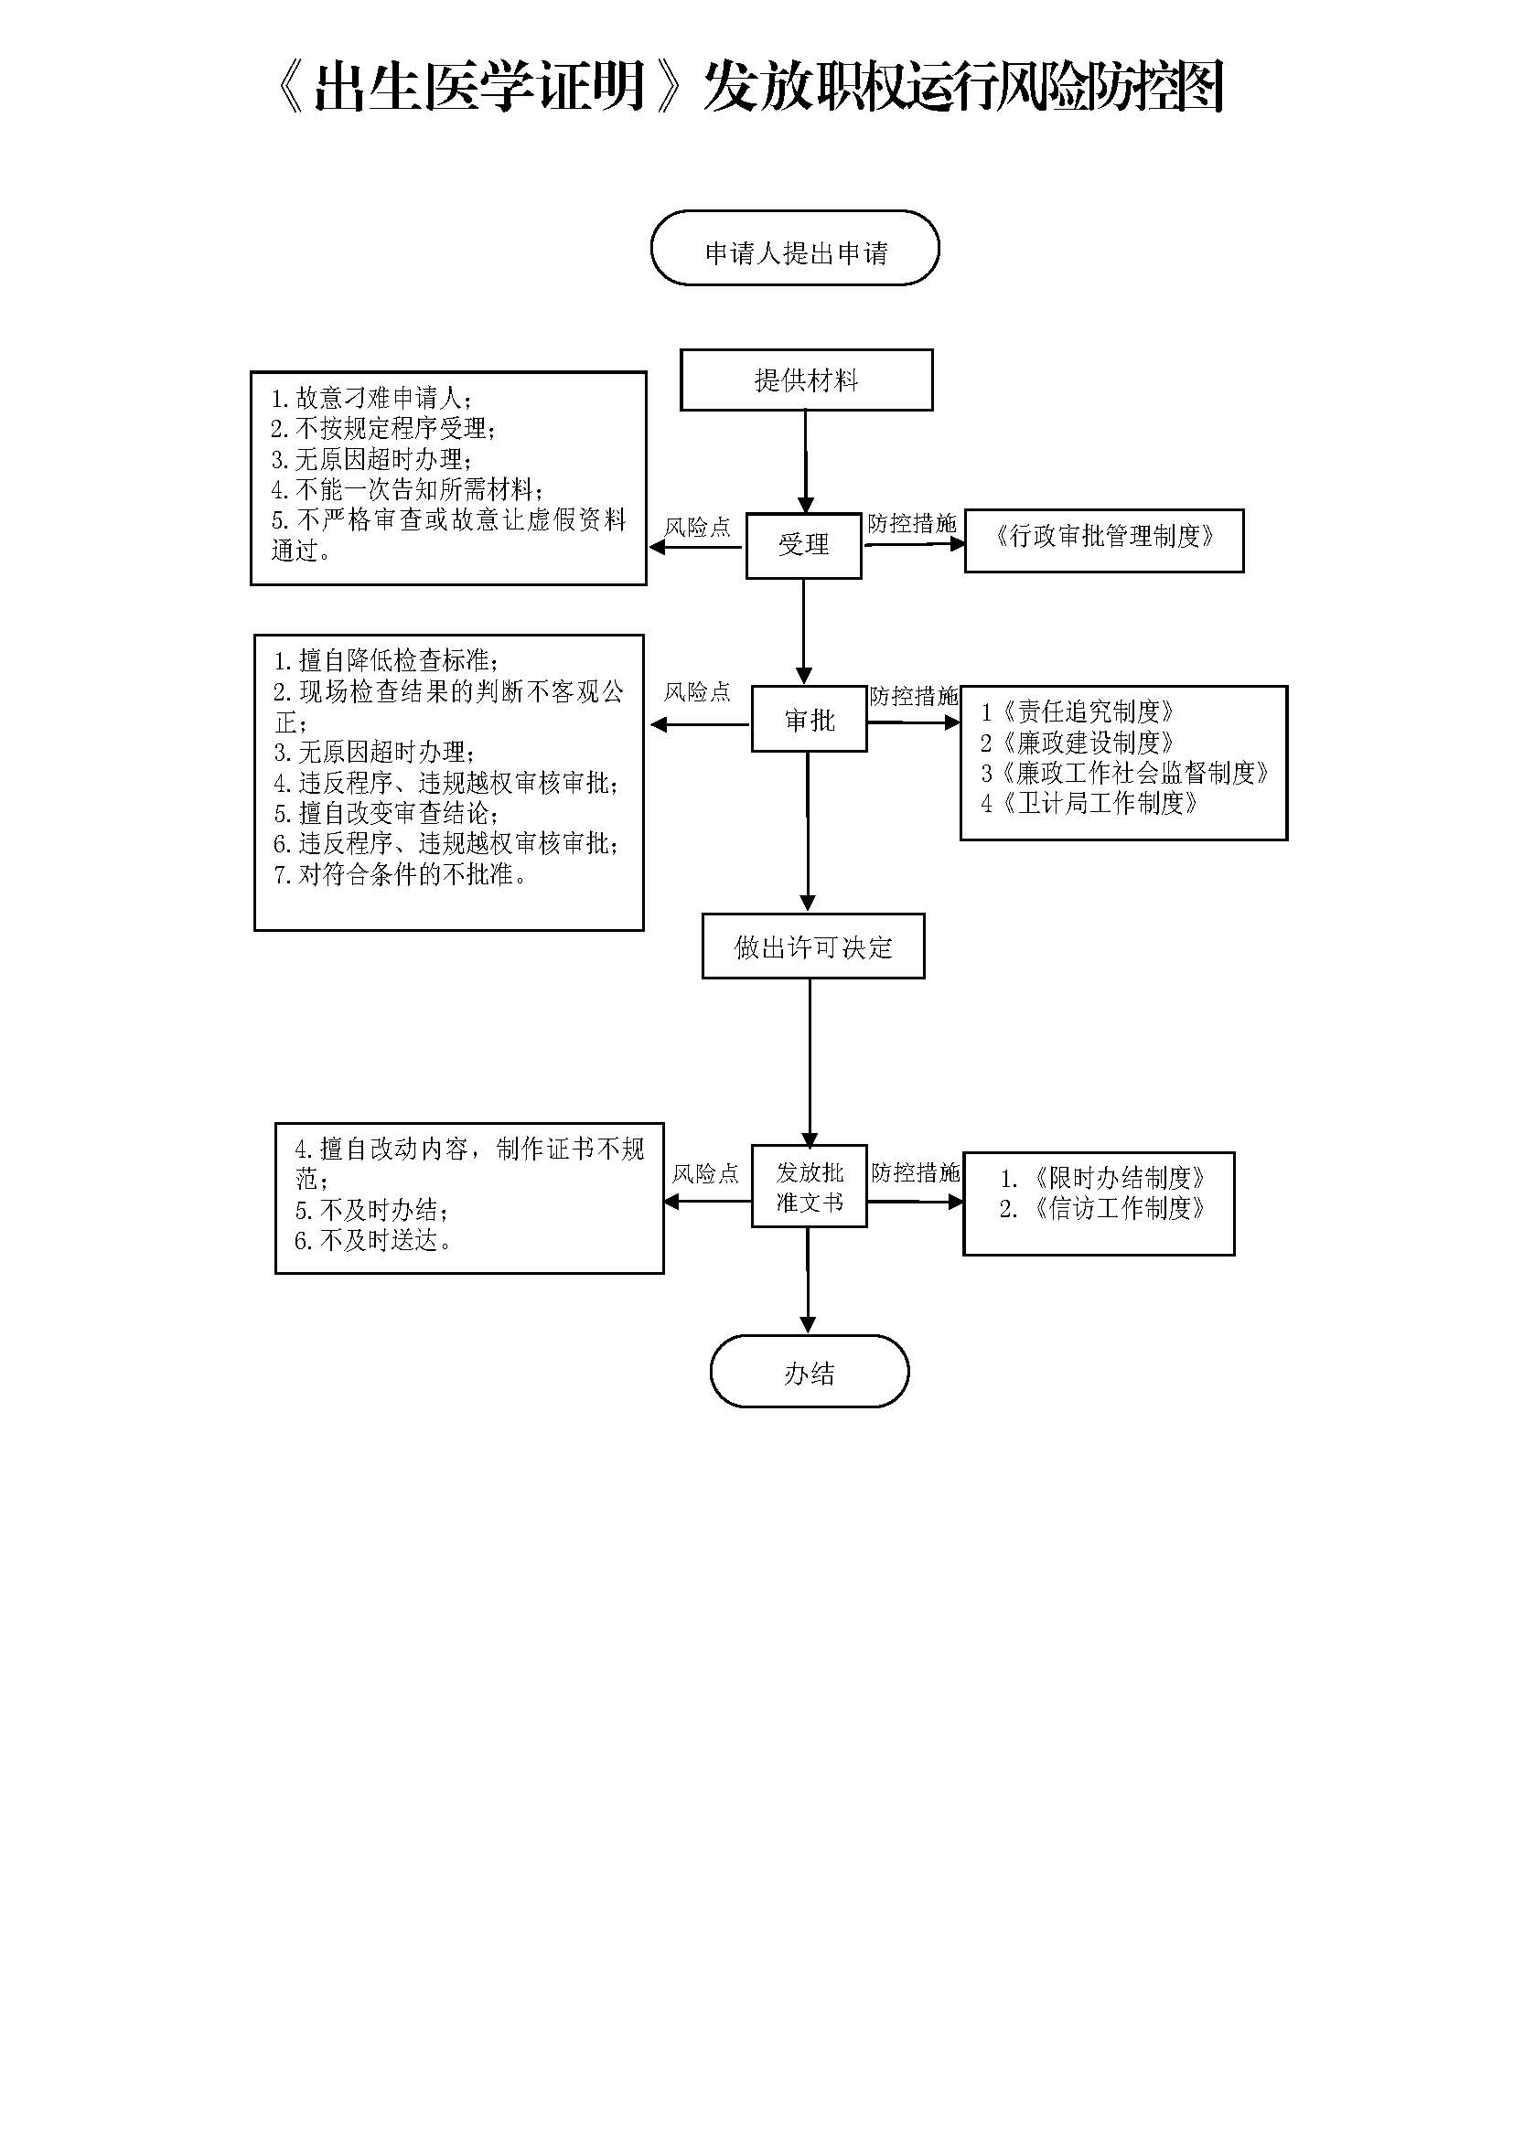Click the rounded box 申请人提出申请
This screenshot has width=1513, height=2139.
pos(795,249)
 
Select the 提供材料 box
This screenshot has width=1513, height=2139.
pos(806,380)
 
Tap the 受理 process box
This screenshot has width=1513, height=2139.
pos(803,545)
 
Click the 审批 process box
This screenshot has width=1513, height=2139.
pos(809,719)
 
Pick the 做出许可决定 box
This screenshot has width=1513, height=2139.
pos(812,947)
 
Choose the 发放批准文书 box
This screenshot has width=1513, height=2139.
pos(809,1186)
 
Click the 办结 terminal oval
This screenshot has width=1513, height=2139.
pos(809,1373)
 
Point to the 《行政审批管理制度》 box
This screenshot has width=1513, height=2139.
pos(1104,540)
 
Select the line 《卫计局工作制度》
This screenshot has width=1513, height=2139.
pos(1090,803)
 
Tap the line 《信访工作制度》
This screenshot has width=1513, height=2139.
pos(1104,1209)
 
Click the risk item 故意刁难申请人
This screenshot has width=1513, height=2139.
pos(372,399)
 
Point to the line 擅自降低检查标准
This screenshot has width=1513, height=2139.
pos(387,661)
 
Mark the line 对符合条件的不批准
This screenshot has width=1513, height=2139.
pos(402,875)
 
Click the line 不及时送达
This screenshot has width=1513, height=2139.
pos(373,1241)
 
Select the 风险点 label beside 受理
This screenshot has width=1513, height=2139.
pos(697,528)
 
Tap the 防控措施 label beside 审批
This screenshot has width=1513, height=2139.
pos(913,696)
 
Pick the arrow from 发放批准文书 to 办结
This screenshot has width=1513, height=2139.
pos(807,1278)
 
